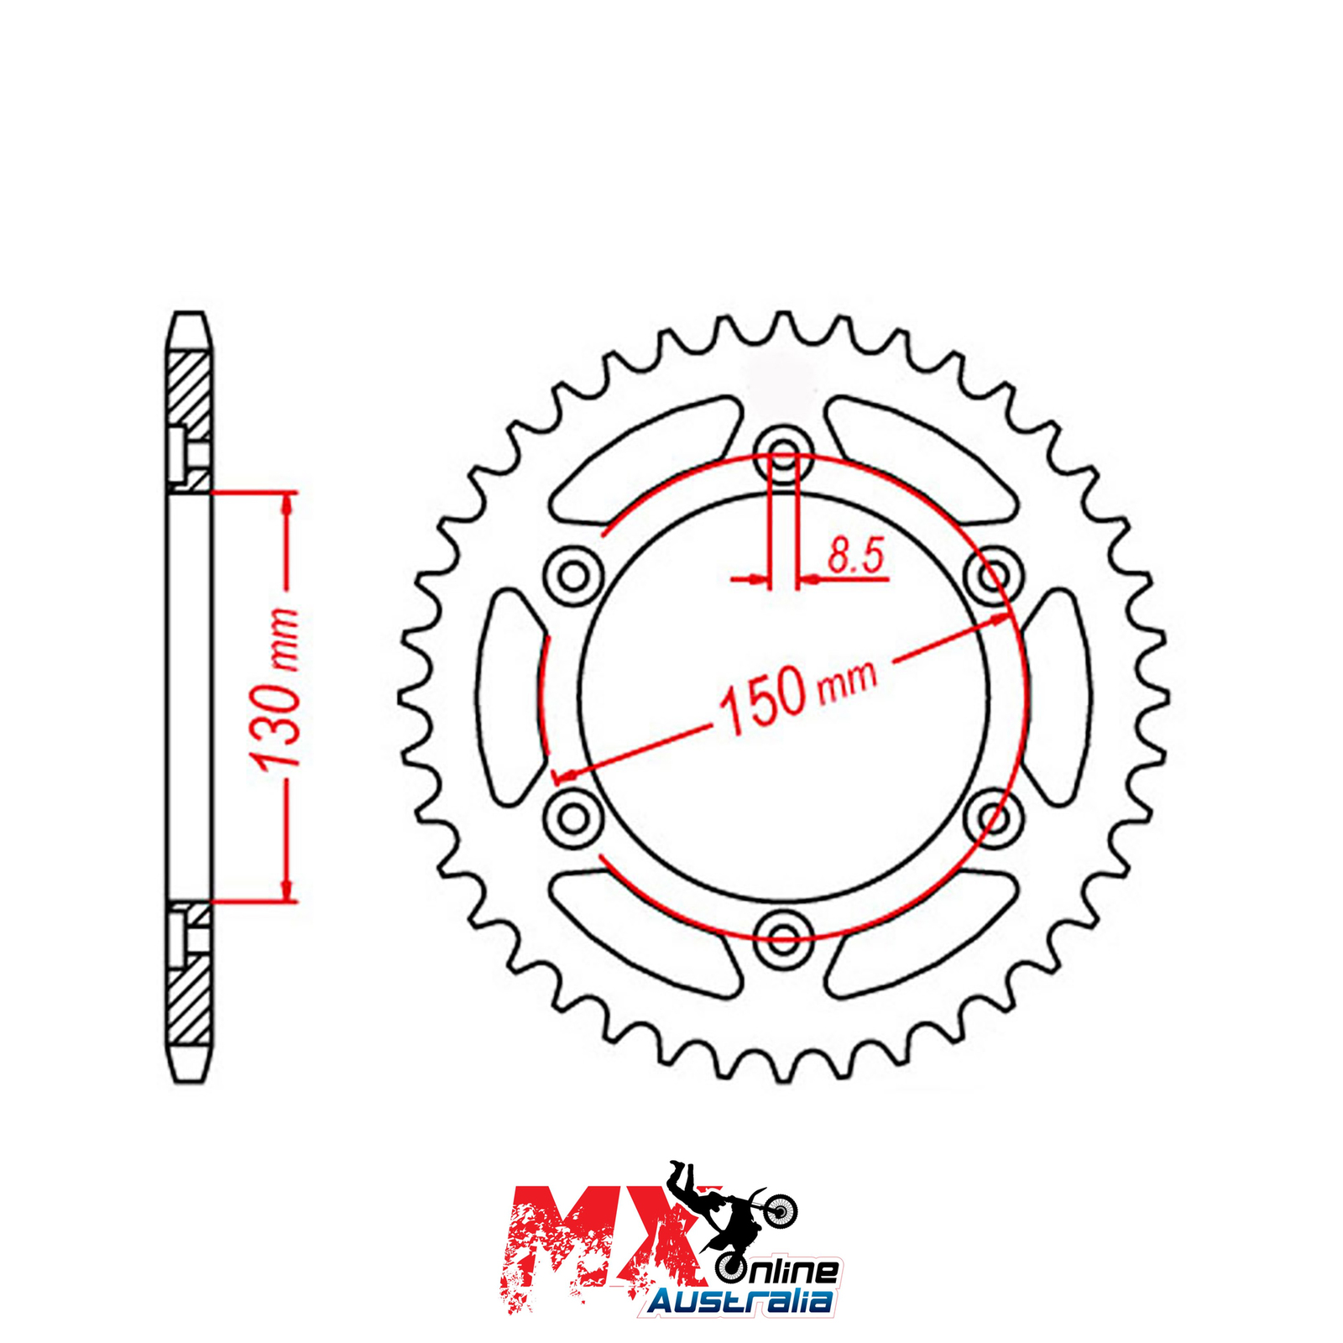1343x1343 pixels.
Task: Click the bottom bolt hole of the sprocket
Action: (x=783, y=938)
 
